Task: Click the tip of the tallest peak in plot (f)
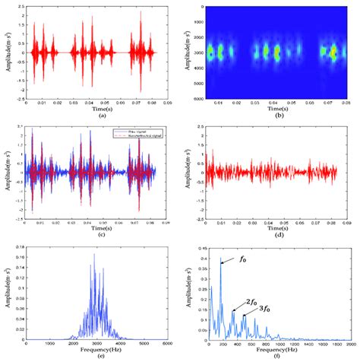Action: click(x=221, y=262)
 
